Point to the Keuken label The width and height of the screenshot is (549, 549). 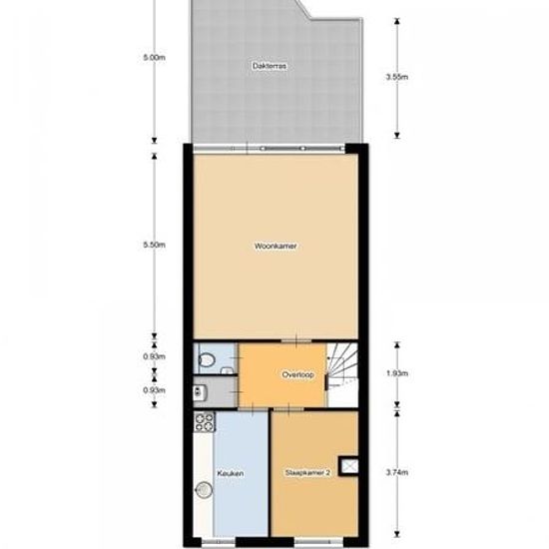(x=229, y=473)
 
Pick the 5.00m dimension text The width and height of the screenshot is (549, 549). (x=153, y=58)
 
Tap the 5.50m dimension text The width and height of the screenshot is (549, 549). (x=153, y=245)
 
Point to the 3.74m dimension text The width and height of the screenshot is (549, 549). (x=398, y=472)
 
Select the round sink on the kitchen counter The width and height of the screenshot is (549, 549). (x=204, y=489)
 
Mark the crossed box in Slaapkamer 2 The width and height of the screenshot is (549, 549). (x=349, y=463)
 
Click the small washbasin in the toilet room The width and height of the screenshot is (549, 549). (x=230, y=370)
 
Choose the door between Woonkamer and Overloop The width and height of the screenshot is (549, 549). (x=297, y=341)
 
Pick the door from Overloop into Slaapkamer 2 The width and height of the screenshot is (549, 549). (x=289, y=408)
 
